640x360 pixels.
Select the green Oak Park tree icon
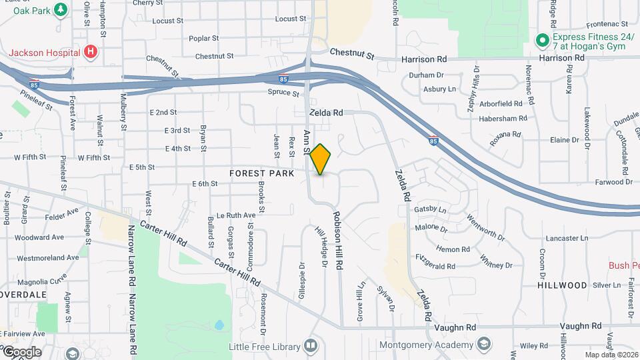(61, 9)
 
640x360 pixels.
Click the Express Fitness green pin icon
(543, 40)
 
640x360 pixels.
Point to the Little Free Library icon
(310, 345)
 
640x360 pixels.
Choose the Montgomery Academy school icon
(484, 345)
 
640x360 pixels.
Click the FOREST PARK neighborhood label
(261, 173)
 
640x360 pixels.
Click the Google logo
(21, 351)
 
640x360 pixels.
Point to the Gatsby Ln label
(430, 209)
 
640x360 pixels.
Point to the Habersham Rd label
(503, 119)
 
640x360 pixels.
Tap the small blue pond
(219, 326)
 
